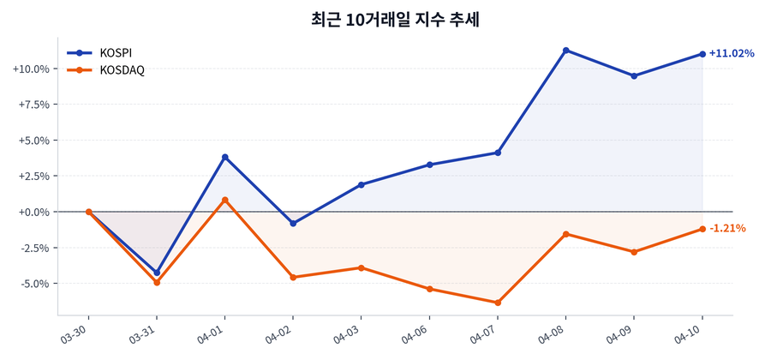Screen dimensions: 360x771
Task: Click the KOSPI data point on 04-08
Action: pyautogui.click(x=565, y=51)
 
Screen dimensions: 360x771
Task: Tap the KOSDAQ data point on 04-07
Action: pyautogui.click(x=498, y=303)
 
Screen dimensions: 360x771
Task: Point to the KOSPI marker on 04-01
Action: pyautogui.click(x=224, y=157)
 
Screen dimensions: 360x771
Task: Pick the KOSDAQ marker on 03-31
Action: pyautogui.click(x=157, y=282)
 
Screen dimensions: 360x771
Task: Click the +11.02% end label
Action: pyautogui.click(x=731, y=54)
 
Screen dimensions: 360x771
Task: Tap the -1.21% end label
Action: pyautogui.click(x=727, y=229)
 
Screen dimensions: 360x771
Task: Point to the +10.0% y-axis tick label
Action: pyautogui.click(x=30, y=69)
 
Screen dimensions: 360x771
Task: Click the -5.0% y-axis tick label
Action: pyautogui.click(x=33, y=283)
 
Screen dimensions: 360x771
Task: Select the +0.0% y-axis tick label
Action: pyautogui.click(x=33, y=212)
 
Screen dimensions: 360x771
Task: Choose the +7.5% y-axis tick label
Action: pyautogui.click(x=33, y=105)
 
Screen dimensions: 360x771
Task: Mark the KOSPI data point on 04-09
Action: pyautogui.click(x=634, y=76)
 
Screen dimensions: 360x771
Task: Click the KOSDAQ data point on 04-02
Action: pyautogui.click(x=293, y=277)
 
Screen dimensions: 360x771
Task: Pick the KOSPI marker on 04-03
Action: pyautogui.click(x=362, y=184)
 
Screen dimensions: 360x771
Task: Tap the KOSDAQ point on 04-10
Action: pyautogui.click(x=702, y=229)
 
